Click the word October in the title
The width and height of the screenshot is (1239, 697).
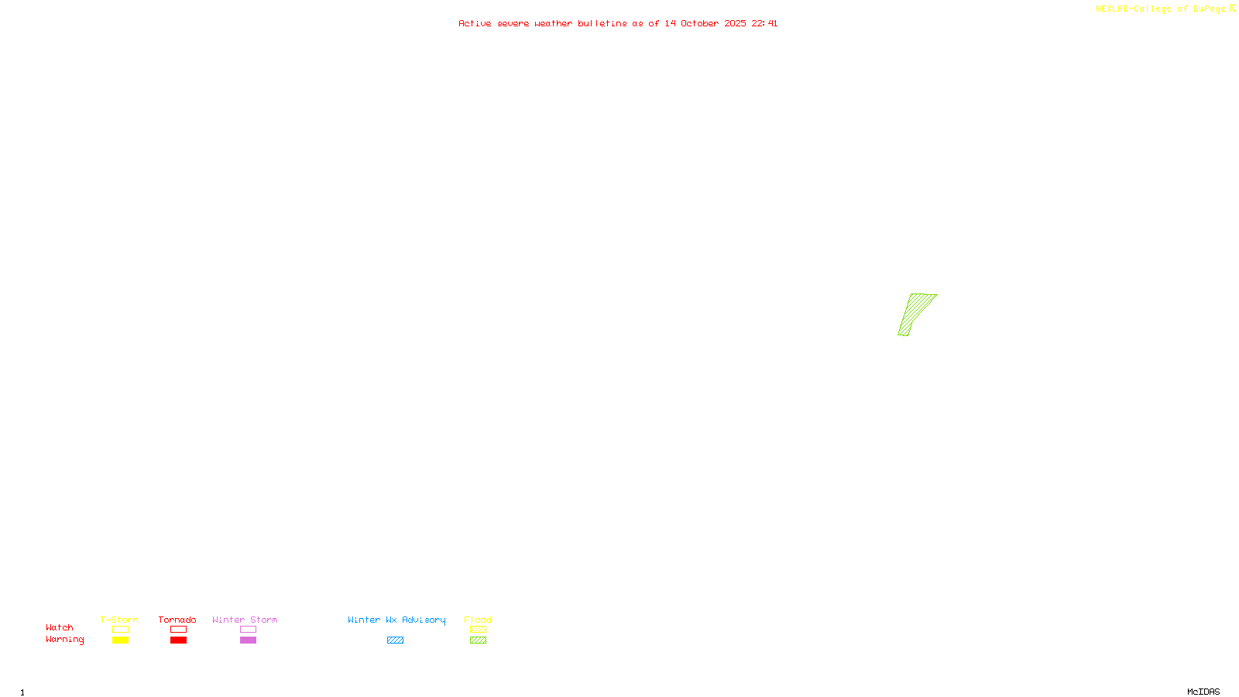tap(699, 23)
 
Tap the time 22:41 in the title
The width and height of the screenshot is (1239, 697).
tap(764, 23)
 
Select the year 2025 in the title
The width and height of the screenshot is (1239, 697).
tap(735, 23)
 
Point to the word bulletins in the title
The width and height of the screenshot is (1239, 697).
tap(602, 23)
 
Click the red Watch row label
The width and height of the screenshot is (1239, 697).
tap(60, 627)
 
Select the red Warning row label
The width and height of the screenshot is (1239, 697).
tap(64, 640)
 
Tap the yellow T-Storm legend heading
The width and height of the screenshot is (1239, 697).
tap(119, 620)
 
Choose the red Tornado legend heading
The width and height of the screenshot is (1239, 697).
tap(177, 620)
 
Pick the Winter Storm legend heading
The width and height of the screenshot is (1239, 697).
tap(245, 620)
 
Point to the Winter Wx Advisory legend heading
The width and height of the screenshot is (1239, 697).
tap(396, 620)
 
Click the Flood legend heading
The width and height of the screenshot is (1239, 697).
tap(478, 620)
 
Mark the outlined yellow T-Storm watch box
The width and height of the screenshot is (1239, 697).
tap(120, 630)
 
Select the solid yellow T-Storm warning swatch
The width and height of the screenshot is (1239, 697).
tap(120, 640)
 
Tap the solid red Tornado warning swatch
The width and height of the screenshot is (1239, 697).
tap(178, 640)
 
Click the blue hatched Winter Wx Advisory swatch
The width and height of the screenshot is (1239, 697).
tap(395, 640)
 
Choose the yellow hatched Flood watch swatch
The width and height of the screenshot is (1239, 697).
tap(478, 630)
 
